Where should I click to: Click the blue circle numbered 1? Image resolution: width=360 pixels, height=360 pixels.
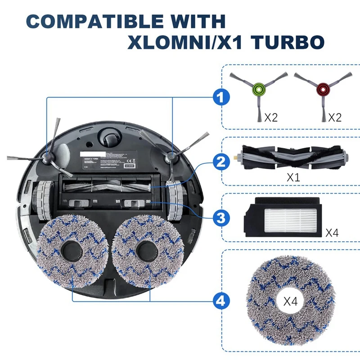pyautogui.click(x=220, y=96)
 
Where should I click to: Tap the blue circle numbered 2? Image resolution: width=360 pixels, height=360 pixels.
pyautogui.click(x=220, y=162)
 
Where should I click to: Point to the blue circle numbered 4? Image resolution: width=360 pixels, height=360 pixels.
pyautogui.click(x=220, y=301)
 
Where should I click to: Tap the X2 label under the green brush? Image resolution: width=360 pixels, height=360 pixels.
pyautogui.click(x=271, y=117)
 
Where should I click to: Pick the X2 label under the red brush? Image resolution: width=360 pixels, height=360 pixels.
pyautogui.click(x=334, y=117)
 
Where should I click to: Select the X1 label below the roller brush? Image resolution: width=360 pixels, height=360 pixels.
pyautogui.click(x=293, y=177)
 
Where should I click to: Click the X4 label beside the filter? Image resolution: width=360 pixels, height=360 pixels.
pyautogui.click(x=332, y=233)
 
